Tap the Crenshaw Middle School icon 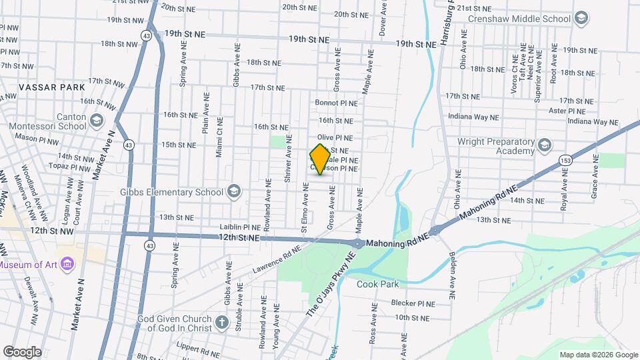click(581, 18)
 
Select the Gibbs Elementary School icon click(234, 192)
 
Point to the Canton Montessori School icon click(97, 121)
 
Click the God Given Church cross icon click(223, 324)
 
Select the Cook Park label click(377, 284)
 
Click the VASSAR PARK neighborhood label click(43, 87)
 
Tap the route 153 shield click(566, 160)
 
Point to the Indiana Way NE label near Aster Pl click(593, 122)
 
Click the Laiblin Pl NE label click(241, 227)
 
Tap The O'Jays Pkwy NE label click(328, 285)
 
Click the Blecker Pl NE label click(413, 303)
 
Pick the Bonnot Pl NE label click(337, 103)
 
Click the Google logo click(22, 352)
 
